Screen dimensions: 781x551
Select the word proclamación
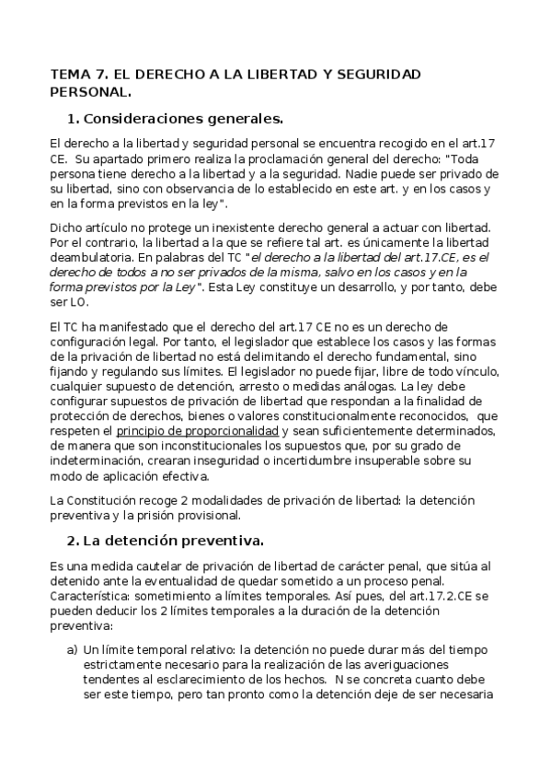coord(243,158)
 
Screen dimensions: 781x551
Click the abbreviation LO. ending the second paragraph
coord(76,301)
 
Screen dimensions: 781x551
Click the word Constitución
coord(100,499)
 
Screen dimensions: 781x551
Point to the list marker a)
coord(73,649)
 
